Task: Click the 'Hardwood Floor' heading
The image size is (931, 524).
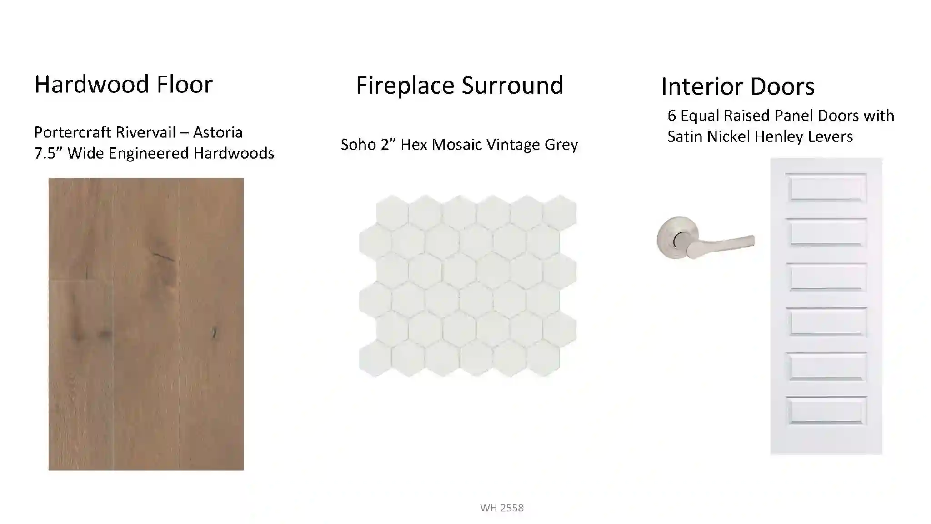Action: (124, 84)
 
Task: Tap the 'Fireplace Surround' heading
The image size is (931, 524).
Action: (460, 85)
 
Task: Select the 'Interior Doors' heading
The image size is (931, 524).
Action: (738, 86)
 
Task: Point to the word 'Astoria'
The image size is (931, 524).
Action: (218, 132)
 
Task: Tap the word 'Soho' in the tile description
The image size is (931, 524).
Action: (358, 145)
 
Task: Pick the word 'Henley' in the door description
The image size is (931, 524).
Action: (776, 136)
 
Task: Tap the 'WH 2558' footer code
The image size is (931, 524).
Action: (502, 508)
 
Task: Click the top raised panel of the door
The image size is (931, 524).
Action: (826, 188)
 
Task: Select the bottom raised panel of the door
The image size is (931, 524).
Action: (826, 410)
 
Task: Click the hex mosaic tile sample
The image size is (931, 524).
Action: (468, 286)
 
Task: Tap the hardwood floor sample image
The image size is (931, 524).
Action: (146, 324)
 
